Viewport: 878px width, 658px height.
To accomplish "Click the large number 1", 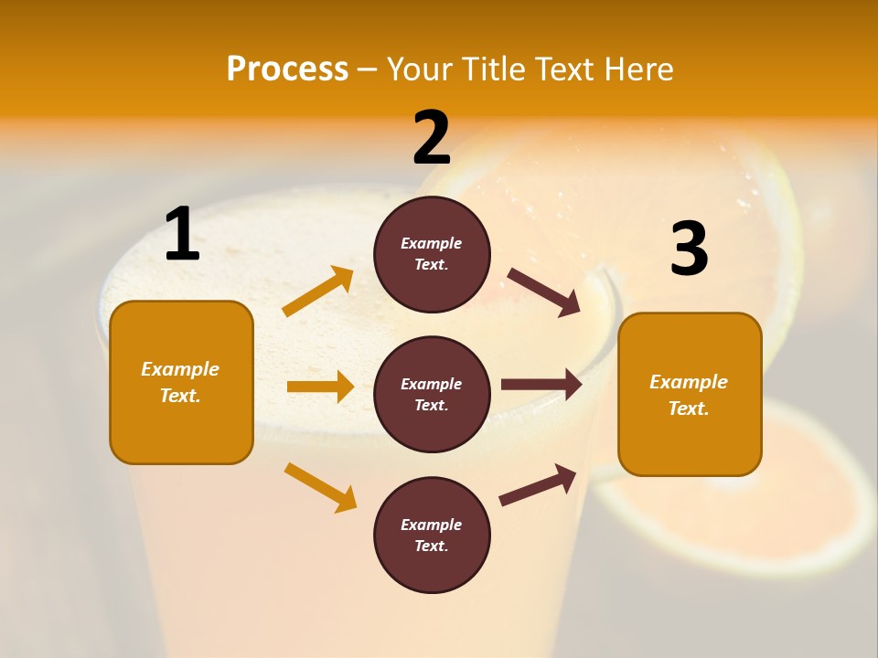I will pyautogui.click(x=182, y=235).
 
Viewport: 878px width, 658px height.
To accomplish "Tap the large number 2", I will pyautogui.click(x=432, y=138).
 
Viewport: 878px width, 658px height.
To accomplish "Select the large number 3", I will pyautogui.click(x=690, y=249).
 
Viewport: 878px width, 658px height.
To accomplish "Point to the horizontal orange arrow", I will pyautogui.click(x=320, y=387).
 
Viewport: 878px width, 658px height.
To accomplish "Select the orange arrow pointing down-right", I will pyautogui.click(x=321, y=487).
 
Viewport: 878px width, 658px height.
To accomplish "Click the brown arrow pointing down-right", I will pyautogui.click(x=544, y=292).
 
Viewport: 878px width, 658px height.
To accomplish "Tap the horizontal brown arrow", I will pyautogui.click(x=541, y=385).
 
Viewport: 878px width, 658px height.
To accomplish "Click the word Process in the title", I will pyautogui.click(x=287, y=69).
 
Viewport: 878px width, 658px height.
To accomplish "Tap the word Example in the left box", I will pyautogui.click(x=180, y=369).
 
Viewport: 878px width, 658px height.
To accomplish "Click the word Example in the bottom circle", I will pyautogui.click(x=432, y=525).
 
